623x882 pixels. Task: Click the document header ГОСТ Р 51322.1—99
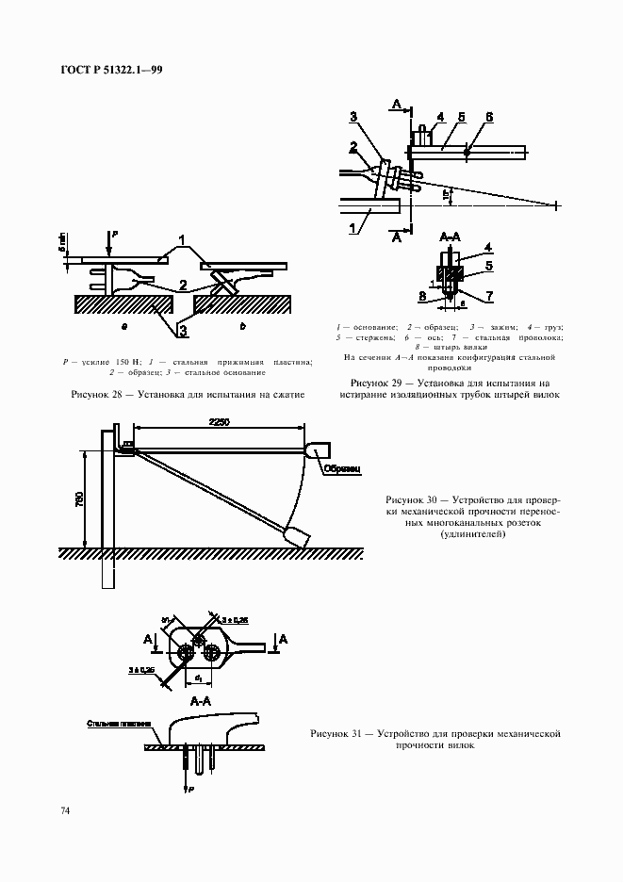[113, 71]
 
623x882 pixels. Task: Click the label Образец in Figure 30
[337, 467]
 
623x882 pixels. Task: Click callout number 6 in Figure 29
[489, 117]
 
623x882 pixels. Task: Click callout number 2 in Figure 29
[353, 147]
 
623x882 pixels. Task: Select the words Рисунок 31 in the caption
[336, 732]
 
